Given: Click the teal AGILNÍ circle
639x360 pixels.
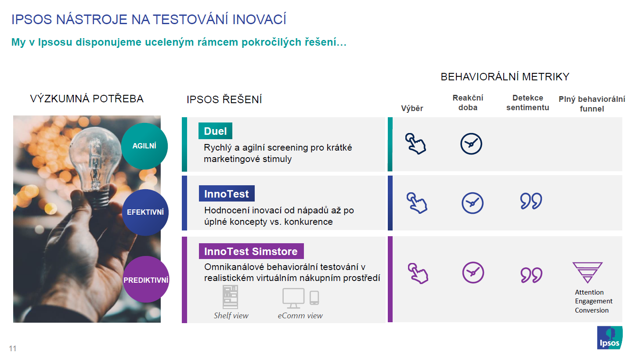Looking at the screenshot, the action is click(x=144, y=146).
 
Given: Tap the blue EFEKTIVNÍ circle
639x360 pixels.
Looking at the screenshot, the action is click(x=145, y=212).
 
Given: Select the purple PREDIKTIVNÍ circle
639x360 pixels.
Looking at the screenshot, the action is click(x=146, y=279).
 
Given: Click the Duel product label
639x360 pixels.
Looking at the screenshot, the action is click(x=215, y=131).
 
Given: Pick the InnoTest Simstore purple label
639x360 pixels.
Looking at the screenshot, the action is click(x=251, y=251).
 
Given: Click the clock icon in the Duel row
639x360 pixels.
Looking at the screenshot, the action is click(x=471, y=144).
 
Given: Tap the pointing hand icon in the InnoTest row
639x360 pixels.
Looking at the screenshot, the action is click(x=417, y=203).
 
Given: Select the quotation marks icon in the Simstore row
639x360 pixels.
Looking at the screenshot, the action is click(x=531, y=275).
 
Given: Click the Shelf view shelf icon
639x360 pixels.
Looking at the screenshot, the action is click(x=230, y=297).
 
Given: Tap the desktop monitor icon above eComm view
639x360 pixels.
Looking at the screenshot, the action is click(x=293, y=298).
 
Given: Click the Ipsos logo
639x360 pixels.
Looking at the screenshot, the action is click(x=610, y=338).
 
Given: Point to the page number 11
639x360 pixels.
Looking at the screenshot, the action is click(x=13, y=348).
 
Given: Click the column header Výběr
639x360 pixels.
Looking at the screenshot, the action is click(x=412, y=108).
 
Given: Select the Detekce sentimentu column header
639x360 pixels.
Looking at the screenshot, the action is click(x=527, y=103).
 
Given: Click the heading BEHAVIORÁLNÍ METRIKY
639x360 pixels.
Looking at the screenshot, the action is click(x=505, y=77).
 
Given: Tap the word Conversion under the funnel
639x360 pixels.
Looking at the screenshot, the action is click(x=592, y=310).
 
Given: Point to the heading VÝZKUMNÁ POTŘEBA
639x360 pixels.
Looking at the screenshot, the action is click(x=87, y=99).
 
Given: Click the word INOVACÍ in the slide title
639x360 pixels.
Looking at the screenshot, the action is click(x=259, y=19).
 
